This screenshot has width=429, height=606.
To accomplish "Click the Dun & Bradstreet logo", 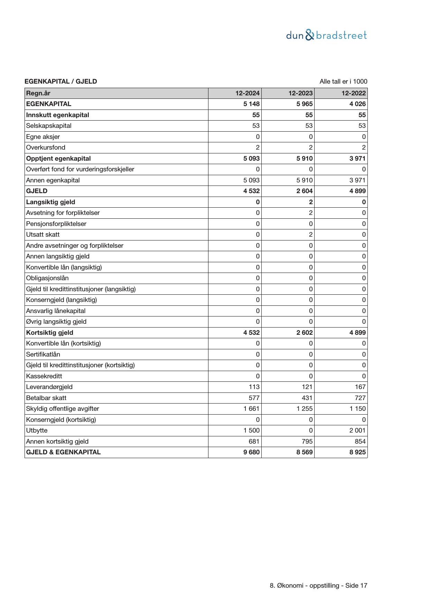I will pyautogui.click(x=326, y=35).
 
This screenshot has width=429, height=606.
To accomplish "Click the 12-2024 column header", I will pyautogui.click(x=248, y=93).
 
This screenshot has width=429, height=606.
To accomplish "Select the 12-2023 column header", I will pyautogui.click(x=301, y=93).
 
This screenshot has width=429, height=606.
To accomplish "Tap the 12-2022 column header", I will pyautogui.click(x=354, y=93).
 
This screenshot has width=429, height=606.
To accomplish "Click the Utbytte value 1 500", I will pyautogui.click(x=252, y=430).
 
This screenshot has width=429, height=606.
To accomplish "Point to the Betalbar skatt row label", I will pyautogui.click(x=46, y=398).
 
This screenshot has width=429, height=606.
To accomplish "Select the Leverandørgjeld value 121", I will pyautogui.click(x=307, y=387).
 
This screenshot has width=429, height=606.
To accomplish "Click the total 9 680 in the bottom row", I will pyautogui.click(x=251, y=452).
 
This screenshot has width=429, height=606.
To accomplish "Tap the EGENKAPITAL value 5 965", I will pyautogui.click(x=305, y=104).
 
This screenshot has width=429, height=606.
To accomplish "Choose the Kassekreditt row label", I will pyautogui.click(x=44, y=376).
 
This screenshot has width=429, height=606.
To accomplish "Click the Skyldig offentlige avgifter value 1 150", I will pyautogui.click(x=357, y=409).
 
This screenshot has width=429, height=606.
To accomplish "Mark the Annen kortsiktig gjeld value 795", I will pyautogui.click(x=307, y=442).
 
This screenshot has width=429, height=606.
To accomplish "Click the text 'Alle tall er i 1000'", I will pyautogui.click(x=343, y=82).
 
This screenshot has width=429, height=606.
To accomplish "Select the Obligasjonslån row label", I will pyautogui.click(x=47, y=278).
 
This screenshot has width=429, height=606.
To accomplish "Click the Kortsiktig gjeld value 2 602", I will pyautogui.click(x=305, y=333).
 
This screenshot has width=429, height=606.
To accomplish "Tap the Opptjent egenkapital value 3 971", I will pyautogui.click(x=357, y=159).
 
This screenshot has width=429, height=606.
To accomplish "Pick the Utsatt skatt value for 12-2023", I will pyautogui.click(x=311, y=235).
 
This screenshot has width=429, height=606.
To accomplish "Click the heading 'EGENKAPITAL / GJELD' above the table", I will pyautogui.click(x=61, y=82).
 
